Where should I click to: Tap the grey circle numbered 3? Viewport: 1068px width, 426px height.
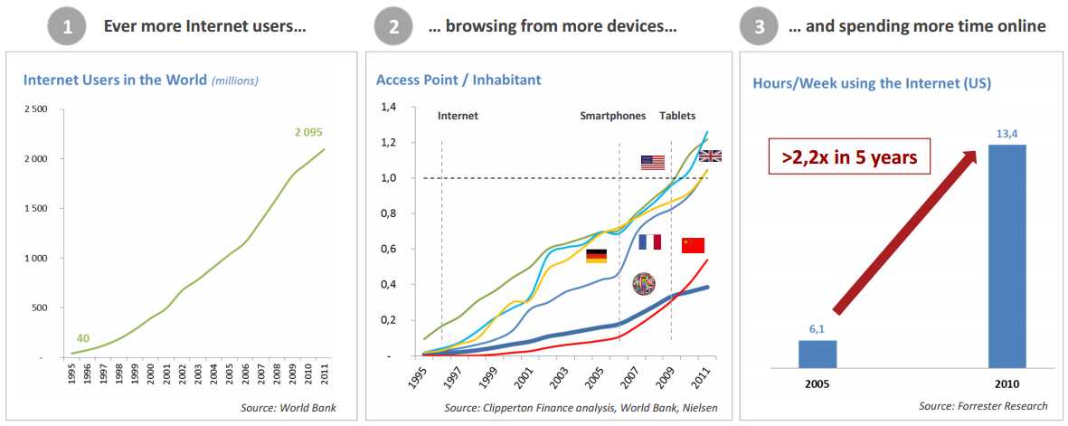(758, 26)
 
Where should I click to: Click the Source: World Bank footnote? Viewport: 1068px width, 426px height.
(288, 408)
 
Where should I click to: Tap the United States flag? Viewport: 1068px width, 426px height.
(652, 163)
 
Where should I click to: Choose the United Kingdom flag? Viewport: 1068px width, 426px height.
(710, 156)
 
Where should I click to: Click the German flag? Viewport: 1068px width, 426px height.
(596, 257)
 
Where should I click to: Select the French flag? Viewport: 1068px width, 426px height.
(649, 241)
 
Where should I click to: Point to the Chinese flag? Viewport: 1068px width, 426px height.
(693, 245)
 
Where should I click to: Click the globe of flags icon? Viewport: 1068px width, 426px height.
(644, 284)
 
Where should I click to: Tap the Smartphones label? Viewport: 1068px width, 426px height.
(613, 116)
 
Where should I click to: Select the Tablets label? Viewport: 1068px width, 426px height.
(677, 116)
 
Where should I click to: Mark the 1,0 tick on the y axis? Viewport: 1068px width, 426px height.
(389, 178)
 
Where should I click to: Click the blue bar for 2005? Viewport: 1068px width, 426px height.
(818, 354)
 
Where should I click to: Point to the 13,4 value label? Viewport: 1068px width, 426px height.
(1007, 134)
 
